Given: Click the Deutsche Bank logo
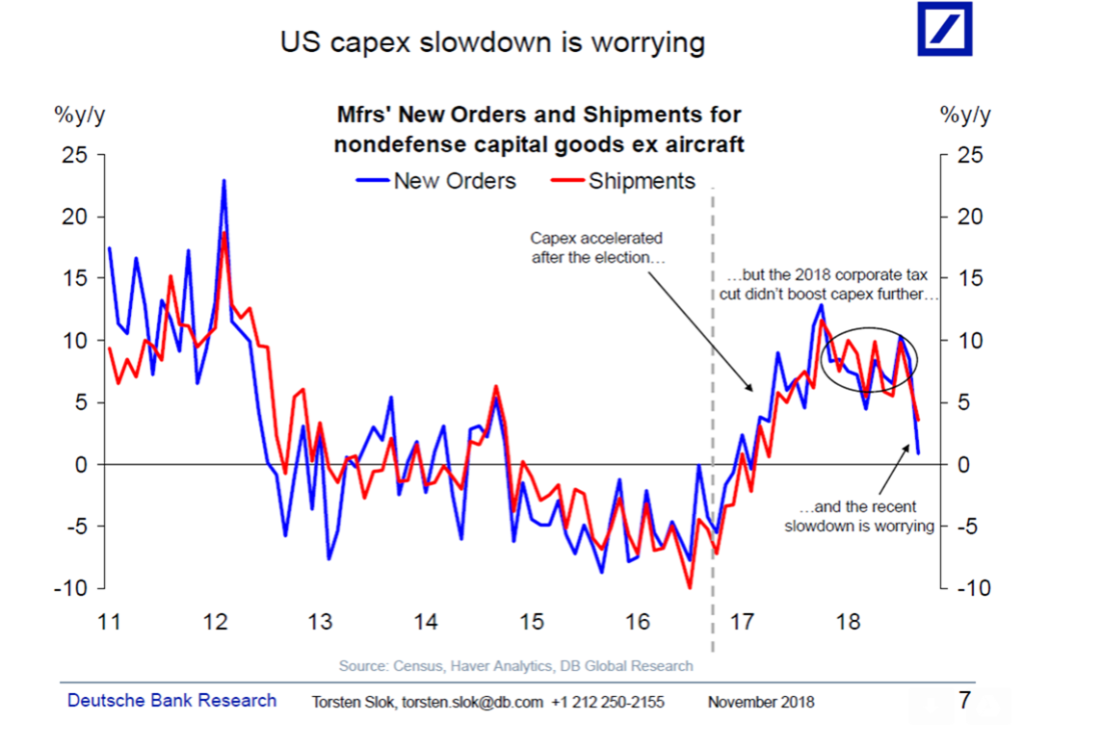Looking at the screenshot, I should point(944,29).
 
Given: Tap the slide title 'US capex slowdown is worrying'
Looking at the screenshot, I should point(491,42).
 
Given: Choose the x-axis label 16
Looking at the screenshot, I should point(637,621).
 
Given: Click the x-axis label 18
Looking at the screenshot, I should point(847,621).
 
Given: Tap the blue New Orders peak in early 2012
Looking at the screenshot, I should point(223,181).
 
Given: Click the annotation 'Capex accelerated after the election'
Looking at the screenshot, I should point(596,247).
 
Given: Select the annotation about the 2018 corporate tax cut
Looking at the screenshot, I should point(828,285).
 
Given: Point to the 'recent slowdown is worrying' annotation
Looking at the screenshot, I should point(859,516).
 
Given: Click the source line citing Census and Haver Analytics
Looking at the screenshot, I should point(515,665).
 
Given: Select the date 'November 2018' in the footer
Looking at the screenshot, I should point(760,702).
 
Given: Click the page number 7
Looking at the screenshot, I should point(964,700).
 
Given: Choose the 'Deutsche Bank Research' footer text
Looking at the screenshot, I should point(171,701).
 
